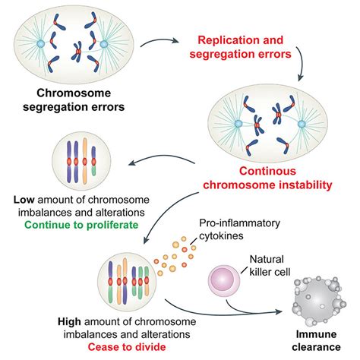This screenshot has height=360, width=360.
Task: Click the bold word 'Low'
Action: click(24, 200)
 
